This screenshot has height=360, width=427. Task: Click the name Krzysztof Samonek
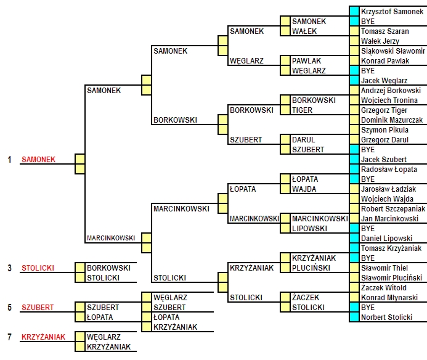(x=392, y=12)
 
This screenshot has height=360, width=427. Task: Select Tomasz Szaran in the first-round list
(x=384, y=31)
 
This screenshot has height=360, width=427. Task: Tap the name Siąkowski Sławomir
(x=393, y=51)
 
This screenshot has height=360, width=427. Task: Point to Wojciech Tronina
(x=389, y=100)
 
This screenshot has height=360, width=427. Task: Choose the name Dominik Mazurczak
(x=392, y=120)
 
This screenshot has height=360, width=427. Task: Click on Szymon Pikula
(x=384, y=130)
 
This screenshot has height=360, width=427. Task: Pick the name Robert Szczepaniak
(x=393, y=209)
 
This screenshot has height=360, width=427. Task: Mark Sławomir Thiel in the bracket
(x=384, y=268)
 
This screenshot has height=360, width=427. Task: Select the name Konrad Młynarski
(x=389, y=298)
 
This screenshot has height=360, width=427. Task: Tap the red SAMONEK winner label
(x=38, y=160)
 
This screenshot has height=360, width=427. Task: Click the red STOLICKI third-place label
(x=38, y=268)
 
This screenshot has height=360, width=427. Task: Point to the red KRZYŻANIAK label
(x=43, y=337)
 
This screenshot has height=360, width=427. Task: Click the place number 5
(x=9, y=308)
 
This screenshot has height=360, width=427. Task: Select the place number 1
(x=9, y=160)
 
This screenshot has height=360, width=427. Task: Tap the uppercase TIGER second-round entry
(x=302, y=110)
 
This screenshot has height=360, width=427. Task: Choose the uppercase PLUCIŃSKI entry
(x=311, y=268)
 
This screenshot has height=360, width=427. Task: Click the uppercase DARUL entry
(x=303, y=140)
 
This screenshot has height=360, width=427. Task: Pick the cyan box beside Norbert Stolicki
(x=354, y=317)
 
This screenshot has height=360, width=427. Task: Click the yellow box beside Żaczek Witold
(x=354, y=287)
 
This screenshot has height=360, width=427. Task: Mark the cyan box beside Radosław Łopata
(x=354, y=170)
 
